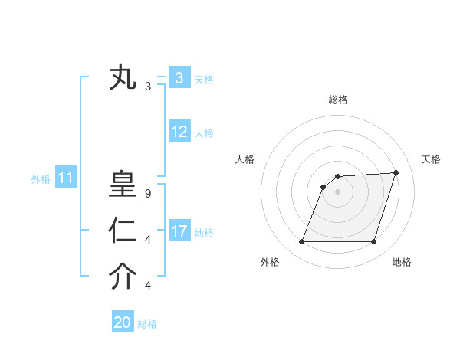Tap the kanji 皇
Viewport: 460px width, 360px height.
tap(123, 186)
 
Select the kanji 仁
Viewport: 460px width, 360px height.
tap(123, 231)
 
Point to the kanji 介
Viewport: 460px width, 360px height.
tap(123, 277)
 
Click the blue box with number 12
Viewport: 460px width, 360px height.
tap(179, 132)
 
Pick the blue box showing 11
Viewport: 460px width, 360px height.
tap(65, 178)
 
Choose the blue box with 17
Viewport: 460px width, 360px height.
tap(179, 231)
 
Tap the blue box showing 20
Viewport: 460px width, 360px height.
tap(123, 322)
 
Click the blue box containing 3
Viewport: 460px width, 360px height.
tap(179, 77)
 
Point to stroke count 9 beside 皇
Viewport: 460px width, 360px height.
tap(148, 194)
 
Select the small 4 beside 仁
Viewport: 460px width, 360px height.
tap(148, 240)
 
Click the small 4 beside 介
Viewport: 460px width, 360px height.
tap(148, 286)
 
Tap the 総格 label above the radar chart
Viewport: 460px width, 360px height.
tap(338, 100)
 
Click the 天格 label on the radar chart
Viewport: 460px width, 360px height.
tap(431, 159)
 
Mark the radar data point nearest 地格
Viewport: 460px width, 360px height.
tap(374, 242)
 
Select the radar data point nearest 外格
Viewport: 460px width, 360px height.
tap(301, 242)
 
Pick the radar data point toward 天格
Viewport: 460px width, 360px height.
tap(396, 172)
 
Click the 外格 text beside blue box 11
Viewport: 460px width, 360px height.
tap(41, 179)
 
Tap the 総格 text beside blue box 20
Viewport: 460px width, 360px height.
tap(147, 324)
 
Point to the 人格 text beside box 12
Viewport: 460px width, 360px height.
tap(204, 133)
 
